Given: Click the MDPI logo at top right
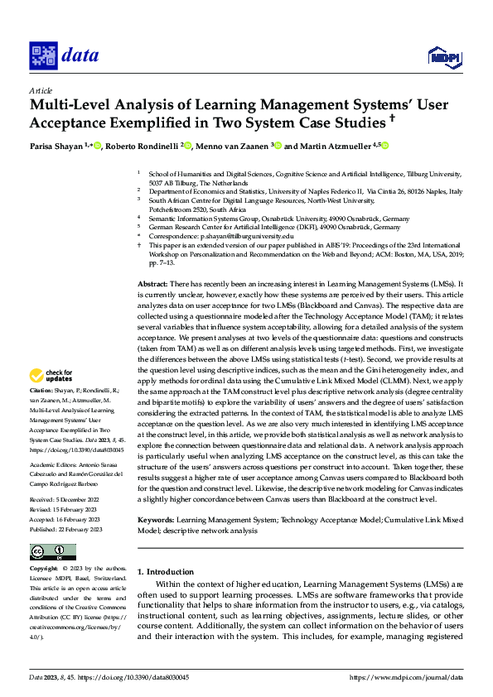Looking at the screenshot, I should (444, 56).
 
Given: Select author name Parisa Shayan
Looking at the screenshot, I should (58, 147).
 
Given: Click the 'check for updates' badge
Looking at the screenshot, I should (51, 375).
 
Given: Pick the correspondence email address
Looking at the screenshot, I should (230, 236).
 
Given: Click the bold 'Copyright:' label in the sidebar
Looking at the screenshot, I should (44, 570).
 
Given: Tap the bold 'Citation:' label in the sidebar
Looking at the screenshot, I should (42, 389).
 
